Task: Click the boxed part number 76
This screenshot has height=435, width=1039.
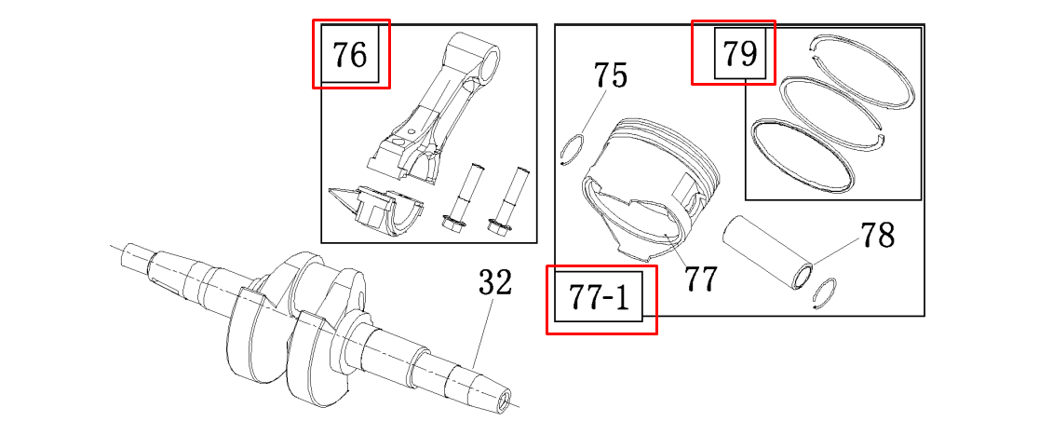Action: point(350,54)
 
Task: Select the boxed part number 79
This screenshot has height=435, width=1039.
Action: point(741,53)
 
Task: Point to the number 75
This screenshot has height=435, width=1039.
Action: point(611,76)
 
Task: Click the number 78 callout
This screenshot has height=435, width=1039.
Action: point(877,234)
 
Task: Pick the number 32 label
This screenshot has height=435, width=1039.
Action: point(495,284)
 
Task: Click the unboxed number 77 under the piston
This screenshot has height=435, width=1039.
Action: point(700,279)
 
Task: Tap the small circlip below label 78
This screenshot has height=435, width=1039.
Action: point(824,293)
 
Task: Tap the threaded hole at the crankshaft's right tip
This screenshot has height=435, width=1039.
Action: point(506,400)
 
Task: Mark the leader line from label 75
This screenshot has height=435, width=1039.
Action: point(594,113)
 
